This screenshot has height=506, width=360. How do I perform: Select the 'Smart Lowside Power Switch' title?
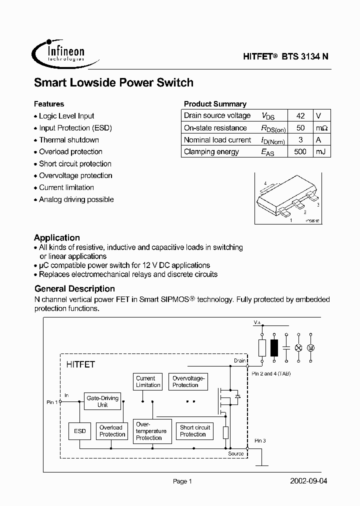point(113,82)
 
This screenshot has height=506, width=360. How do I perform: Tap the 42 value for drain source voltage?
point(300,115)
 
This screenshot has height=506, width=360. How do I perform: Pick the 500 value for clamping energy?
point(300,151)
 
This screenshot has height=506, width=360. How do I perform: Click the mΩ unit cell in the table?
point(321,127)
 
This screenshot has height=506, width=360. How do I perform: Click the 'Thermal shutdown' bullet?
point(69,140)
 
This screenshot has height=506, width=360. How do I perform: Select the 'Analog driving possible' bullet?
point(76,199)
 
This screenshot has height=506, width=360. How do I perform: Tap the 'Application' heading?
point(57,238)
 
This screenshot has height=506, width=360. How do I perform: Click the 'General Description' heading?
point(74,289)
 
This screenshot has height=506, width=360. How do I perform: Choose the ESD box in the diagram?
point(80,431)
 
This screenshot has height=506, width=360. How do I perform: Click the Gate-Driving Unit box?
point(102,401)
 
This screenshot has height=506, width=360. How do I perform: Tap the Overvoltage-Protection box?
point(185,382)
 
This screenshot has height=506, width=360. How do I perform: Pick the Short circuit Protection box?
point(195,431)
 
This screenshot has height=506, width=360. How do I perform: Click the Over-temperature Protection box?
point(149,431)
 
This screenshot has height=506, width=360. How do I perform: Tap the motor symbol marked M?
point(311,347)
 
